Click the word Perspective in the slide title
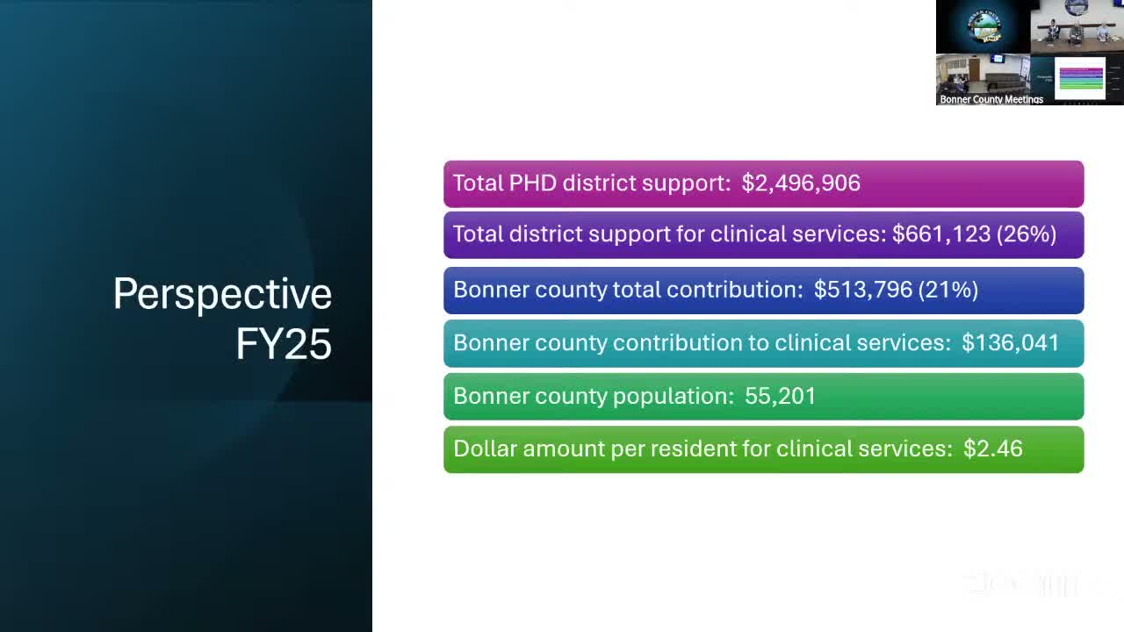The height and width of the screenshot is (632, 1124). (222, 294)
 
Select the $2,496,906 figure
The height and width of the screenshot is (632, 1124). (801, 183)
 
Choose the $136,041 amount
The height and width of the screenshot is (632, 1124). (1011, 342)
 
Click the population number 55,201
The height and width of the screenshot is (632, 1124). (780, 396)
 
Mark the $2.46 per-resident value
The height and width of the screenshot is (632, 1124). (993, 449)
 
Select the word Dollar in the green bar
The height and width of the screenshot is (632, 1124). (485, 449)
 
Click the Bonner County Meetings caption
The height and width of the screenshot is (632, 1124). (991, 99)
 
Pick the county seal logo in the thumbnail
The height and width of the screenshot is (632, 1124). (983, 26)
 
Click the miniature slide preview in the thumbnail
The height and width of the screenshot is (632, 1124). (1080, 77)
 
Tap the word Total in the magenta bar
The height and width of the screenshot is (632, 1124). (478, 183)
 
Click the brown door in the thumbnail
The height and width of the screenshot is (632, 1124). (974, 69)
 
